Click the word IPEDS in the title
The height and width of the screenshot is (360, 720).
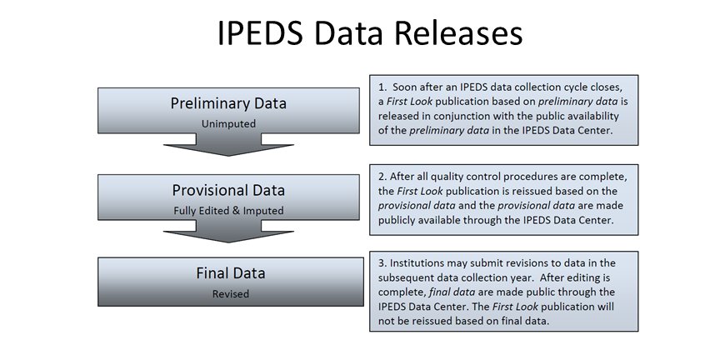coord(260,33)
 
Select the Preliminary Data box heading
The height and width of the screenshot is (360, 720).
coord(228,103)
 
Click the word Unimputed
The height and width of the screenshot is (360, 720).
coord(228,123)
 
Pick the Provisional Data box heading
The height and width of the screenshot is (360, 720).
coord(228,190)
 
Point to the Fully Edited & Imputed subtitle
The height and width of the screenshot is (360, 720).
coord(228,211)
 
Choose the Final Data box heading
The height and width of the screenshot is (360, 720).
coord(231,273)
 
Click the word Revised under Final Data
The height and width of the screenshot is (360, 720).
coord(231,294)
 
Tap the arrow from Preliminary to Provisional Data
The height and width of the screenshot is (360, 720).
coord(228,145)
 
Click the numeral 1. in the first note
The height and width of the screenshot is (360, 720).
coord(382,87)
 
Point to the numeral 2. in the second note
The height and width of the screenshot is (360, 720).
coord(382,177)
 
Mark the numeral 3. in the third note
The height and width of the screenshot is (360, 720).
coord(382,263)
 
